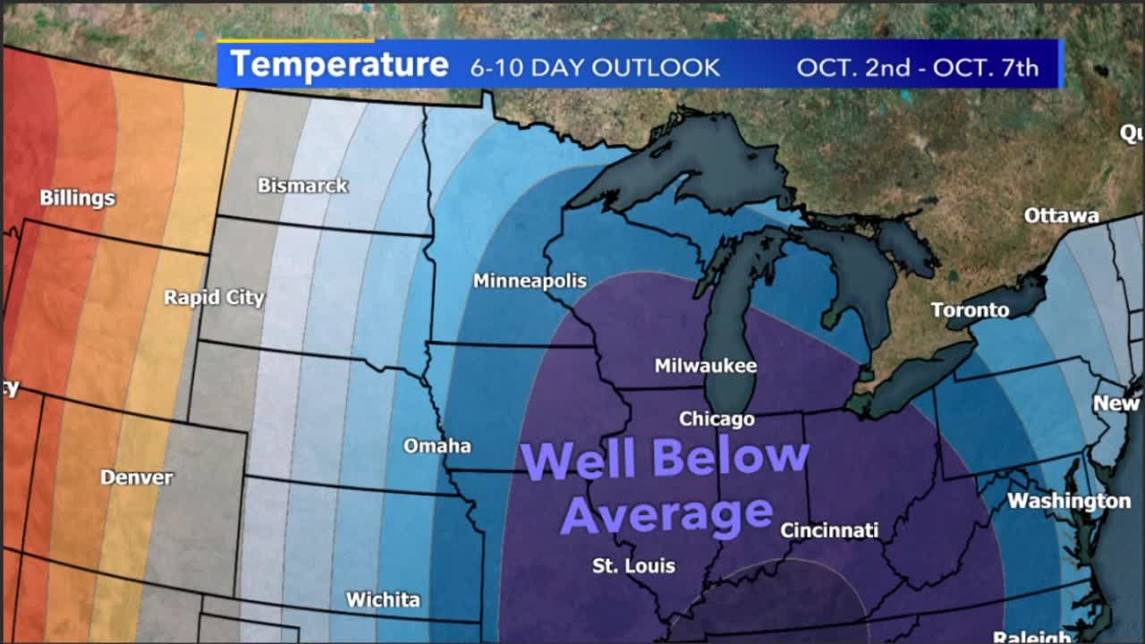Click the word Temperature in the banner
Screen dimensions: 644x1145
pyautogui.click(x=339, y=65)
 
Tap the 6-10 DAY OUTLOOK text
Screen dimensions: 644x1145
pyautogui.click(x=595, y=67)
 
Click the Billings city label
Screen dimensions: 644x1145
pyautogui.click(x=77, y=198)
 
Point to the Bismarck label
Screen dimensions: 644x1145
pyautogui.click(x=302, y=185)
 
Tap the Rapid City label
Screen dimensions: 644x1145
pyautogui.click(x=214, y=297)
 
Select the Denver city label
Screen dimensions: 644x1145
pyautogui.click(x=136, y=477)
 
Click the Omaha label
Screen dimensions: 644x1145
pyautogui.click(x=437, y=445)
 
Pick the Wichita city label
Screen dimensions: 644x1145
pyautogui.click(x=383, y=599)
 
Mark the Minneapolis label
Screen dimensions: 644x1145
pyautogui.click(x=530, y=281)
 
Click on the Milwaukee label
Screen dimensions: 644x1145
pyautogui.click(x=706, y=366)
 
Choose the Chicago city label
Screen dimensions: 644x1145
pyautogui.click(x=717, y=419)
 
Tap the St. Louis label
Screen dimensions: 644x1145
pyautogui.click(x=633, y=565)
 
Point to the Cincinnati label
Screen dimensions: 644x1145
pyautogui.click(x=829, y=530)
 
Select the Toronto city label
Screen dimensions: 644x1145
pyautogui.click(x=970, y=310)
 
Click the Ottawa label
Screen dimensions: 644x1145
pyautogui.click(x=1061, y=216)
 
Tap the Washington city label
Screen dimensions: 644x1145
pyautogui.click(x=1069, y=501)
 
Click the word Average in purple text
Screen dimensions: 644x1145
pyautogui.click(x=666, y=514)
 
